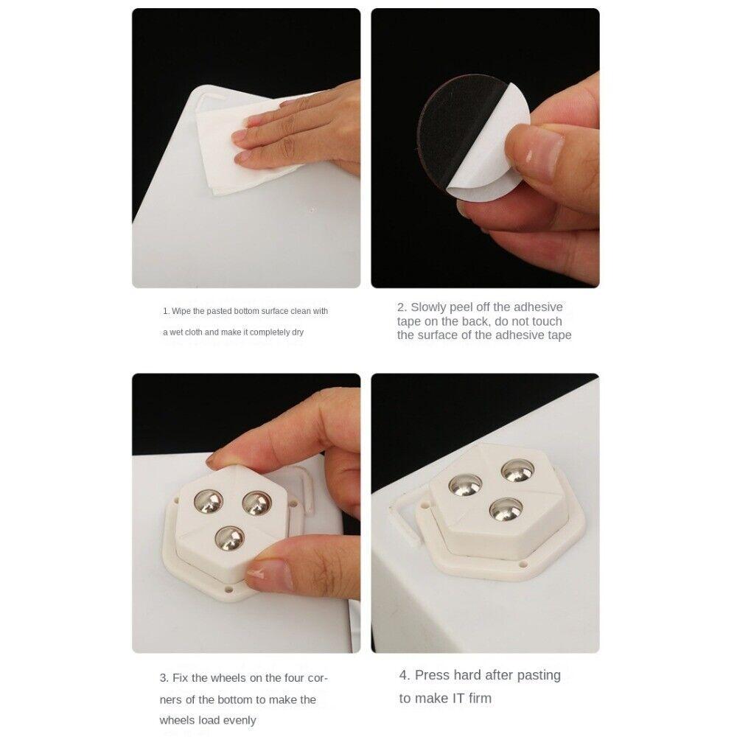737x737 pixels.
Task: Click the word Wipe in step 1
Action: click(x=181, y=311)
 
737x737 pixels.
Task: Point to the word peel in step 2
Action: click(x=466, y=307)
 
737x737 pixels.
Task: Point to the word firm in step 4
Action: click(x=480, y=698)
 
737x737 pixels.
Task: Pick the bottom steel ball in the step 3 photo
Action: click(x=230, y=540)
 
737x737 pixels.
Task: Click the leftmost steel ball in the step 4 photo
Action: click(x=466, y=484)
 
